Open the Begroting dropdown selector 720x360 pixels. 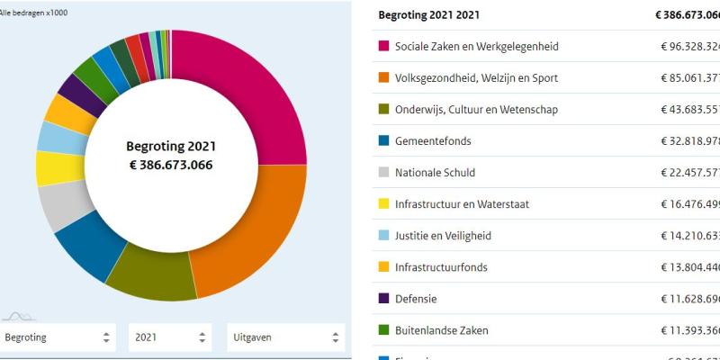(58, 337)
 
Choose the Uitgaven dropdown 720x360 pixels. (284, 337)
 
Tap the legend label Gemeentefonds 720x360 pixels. (433, 141)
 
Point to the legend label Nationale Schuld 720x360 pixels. (435, 173)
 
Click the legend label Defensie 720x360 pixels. (416, 299)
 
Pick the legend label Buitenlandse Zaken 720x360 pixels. (441, 330)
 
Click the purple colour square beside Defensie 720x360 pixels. (383, 299)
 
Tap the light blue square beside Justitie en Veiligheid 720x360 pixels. (383, 236)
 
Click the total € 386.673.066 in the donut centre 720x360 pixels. (170, 165)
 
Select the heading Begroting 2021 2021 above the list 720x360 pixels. (428, 15)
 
